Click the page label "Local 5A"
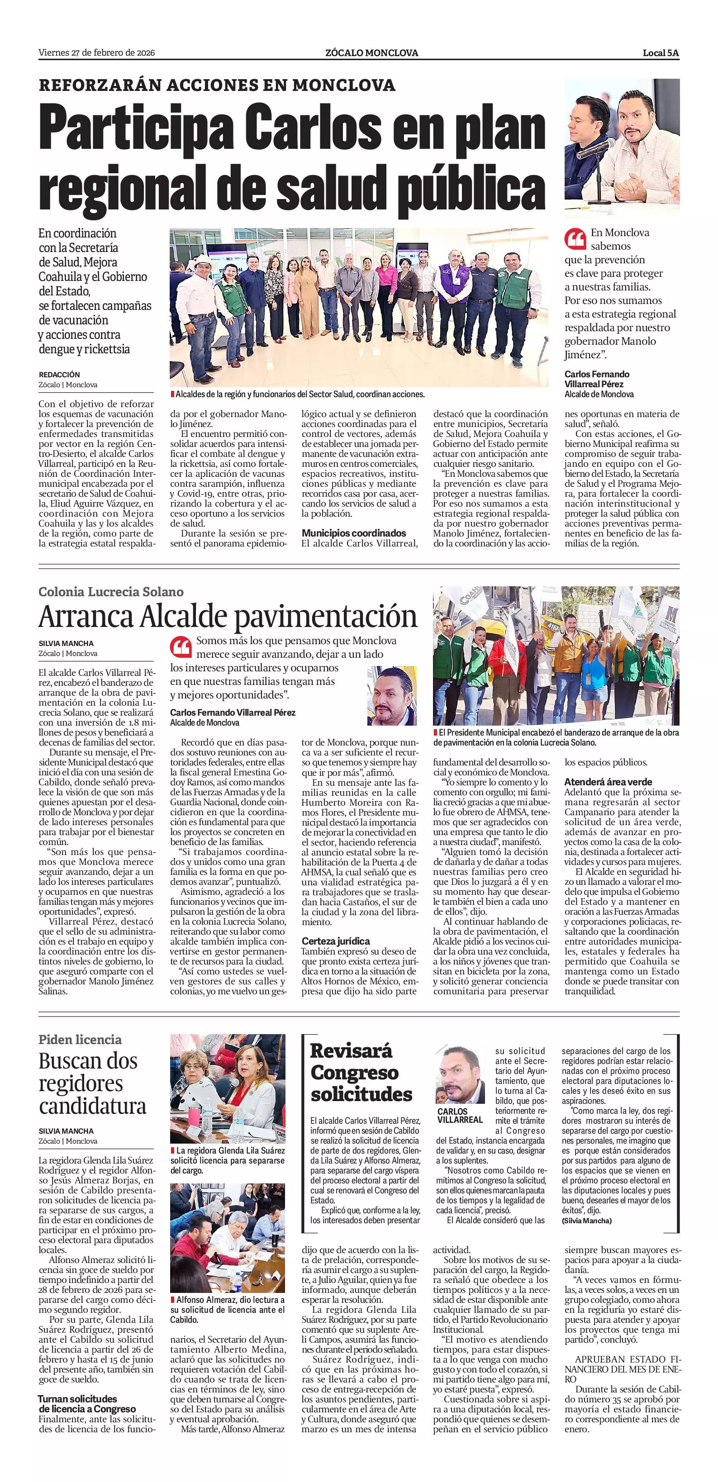(661, 53)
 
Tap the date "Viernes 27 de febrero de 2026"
(97, 53)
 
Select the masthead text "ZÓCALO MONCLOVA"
(371, 53)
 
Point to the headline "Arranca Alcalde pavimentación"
(228, 617)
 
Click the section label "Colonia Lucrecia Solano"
(111, 591)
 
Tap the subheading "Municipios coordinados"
(354, 533)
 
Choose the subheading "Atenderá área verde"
(608, 782)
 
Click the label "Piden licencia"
(80, 1040)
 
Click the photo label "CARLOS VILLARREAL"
(460, 1115)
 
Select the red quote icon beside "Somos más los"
(181, 647)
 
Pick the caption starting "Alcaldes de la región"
(299, 394)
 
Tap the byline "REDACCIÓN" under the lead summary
(59, 375)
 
